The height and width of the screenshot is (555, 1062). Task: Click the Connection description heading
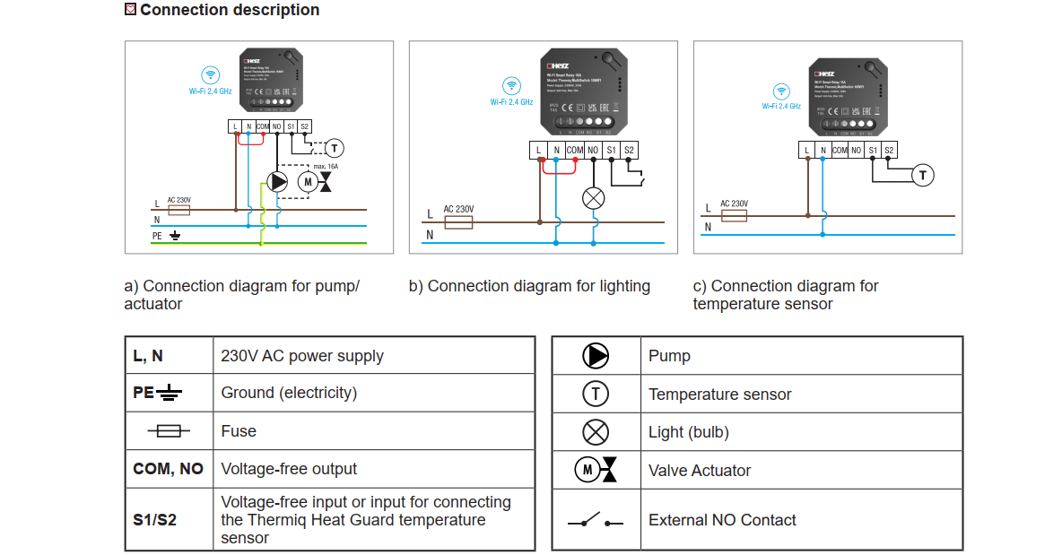point(229,10)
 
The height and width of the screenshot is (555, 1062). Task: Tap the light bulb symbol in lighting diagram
point(594,198)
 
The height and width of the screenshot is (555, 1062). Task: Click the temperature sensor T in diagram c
point(923,175)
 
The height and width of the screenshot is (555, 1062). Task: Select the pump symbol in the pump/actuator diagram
point(278,182)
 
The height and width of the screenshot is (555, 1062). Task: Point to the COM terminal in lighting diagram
point(575,150)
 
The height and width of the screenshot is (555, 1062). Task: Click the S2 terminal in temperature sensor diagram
point(889,151)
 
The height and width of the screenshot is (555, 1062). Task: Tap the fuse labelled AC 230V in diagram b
point(458,221)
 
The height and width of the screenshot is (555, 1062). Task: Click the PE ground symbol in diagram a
point(176,236)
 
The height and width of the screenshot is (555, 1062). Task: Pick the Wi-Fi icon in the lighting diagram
point(511,86)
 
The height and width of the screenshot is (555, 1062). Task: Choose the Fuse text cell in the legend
point(239,431)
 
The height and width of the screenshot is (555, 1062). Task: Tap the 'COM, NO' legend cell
point(169,469)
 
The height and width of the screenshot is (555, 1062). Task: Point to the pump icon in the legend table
point(596,356)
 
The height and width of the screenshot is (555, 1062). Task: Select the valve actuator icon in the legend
point(596,470)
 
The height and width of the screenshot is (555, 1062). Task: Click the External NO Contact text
point(722,520)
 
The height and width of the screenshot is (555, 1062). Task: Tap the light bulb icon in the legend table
point(596,432)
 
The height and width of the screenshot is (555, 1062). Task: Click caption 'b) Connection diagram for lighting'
point(529,286)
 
